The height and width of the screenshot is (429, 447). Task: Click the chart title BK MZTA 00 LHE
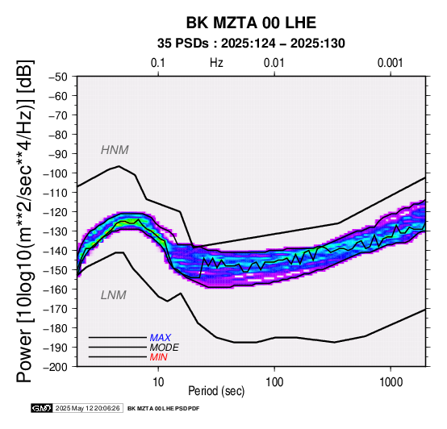tap(251, 23)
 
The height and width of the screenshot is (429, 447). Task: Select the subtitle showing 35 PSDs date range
tap(251, 44)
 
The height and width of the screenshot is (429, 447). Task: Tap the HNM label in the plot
tap(115, 150)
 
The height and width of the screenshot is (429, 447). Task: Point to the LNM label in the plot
tap(114, 295)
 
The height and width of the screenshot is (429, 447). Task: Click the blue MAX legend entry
tap(161, 338)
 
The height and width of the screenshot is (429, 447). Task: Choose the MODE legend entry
tap(165, 348)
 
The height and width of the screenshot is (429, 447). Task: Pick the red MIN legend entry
tap(158, 357)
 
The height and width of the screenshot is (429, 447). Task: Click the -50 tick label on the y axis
tap(58, 77)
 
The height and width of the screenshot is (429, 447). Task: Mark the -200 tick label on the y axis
tap(56, 367)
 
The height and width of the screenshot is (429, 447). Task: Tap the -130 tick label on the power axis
tap(56, 231)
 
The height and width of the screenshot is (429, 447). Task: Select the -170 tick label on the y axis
tap(56, 309)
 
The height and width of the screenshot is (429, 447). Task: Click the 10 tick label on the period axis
tap(158, 382)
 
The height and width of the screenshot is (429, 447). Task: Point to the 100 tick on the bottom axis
tap(274, 382)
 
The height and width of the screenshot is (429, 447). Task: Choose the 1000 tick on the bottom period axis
tap(391, 382)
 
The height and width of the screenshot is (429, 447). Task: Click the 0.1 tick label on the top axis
tap(158, 63)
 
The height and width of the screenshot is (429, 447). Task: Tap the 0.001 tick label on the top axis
tap(391, 63)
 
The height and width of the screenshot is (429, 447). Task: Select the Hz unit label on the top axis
tap(216, 63)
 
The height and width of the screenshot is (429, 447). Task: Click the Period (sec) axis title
tap(216, 391)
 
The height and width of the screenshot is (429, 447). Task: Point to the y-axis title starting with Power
tap(25, 221)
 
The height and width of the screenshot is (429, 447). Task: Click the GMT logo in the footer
tap(42, 409)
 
